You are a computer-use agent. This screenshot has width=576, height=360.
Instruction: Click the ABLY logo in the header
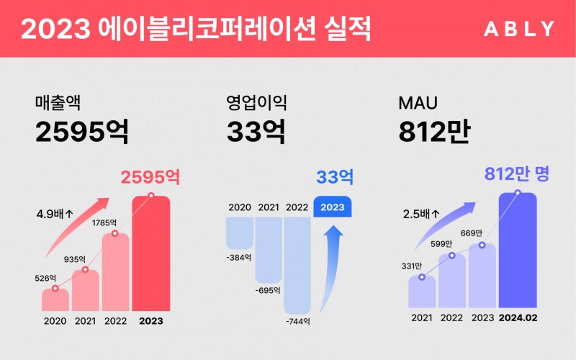point(519,29)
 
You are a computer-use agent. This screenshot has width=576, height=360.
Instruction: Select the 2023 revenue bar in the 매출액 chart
point(151,252)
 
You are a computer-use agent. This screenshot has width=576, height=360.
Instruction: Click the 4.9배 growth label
point(56,214)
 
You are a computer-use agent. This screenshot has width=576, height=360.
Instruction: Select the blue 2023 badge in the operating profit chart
point(332,207)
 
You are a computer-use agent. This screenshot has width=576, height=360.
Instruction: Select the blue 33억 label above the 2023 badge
point(335,176)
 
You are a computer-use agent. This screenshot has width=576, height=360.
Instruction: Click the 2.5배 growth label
point(421,214)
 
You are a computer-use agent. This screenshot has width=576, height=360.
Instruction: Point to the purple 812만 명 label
point(516,174)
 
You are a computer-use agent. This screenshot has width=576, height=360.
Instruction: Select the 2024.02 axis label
point(518,318)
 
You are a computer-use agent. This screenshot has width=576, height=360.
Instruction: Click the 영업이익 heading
point(251,102)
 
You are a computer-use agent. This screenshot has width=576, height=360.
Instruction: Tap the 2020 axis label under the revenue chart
point(55,321)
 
